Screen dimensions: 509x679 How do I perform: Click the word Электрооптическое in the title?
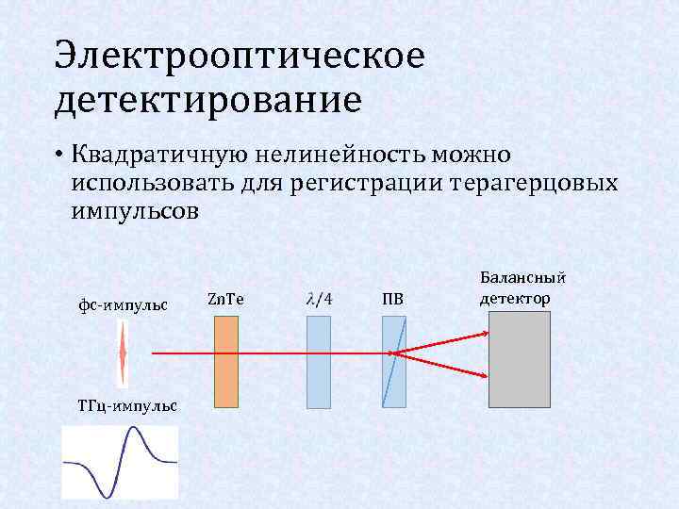pos(240,57)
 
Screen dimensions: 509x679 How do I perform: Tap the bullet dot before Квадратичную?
pos(58,155)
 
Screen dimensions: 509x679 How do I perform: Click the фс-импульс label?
pos(123,305)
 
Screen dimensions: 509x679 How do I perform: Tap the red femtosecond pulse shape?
pos(123,353)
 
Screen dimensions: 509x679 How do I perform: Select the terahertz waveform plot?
pos(120,462)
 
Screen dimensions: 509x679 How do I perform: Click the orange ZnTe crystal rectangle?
pos(225,361)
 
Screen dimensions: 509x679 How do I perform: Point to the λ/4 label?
pos(320,300)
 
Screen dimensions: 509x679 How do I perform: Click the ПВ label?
pos(392,300)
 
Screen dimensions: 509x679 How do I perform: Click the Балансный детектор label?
pos(522,287)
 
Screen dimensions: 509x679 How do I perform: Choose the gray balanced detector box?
pos(519,359)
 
